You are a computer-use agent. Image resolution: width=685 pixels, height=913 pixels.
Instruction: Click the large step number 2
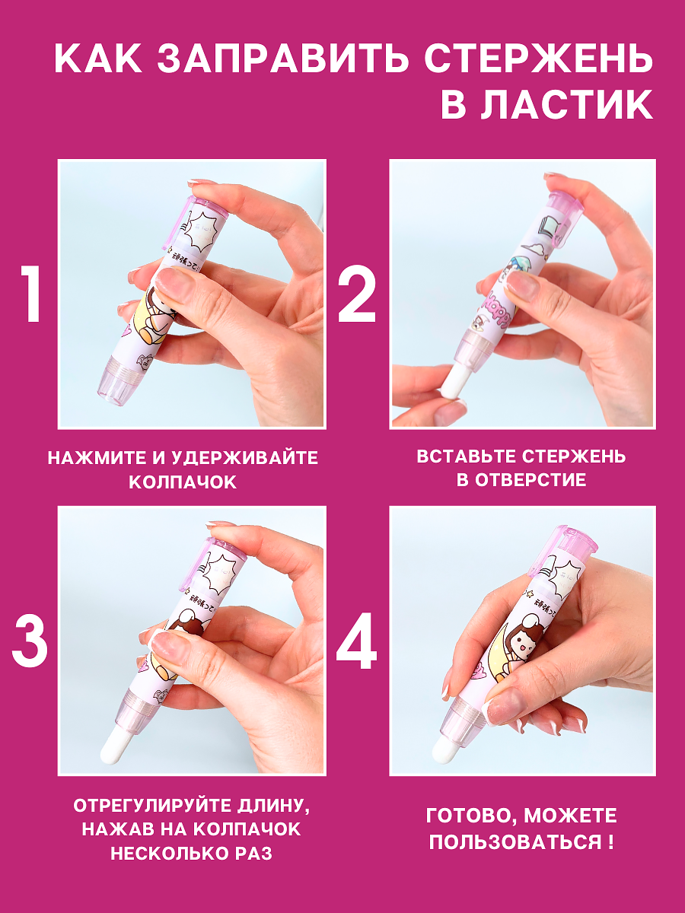pos(357,294)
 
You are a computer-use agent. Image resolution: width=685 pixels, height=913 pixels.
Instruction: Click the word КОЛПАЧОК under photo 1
pos(183,482)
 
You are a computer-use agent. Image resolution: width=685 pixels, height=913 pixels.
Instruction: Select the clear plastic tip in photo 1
pos(115,380)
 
